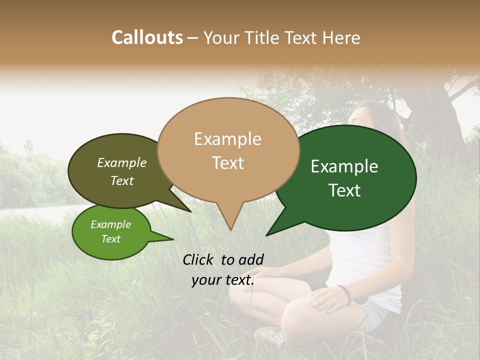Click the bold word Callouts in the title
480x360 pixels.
[x=147, y=37]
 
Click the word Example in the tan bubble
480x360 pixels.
[x=227, y=139]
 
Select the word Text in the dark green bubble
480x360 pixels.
[x=345, y=190]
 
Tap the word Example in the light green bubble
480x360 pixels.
[x=110, y=224]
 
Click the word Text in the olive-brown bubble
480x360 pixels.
[x=122, y=180]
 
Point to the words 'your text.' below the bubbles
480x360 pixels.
[x=223, y=280]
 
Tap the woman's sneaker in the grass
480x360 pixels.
[x=270, y=334]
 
